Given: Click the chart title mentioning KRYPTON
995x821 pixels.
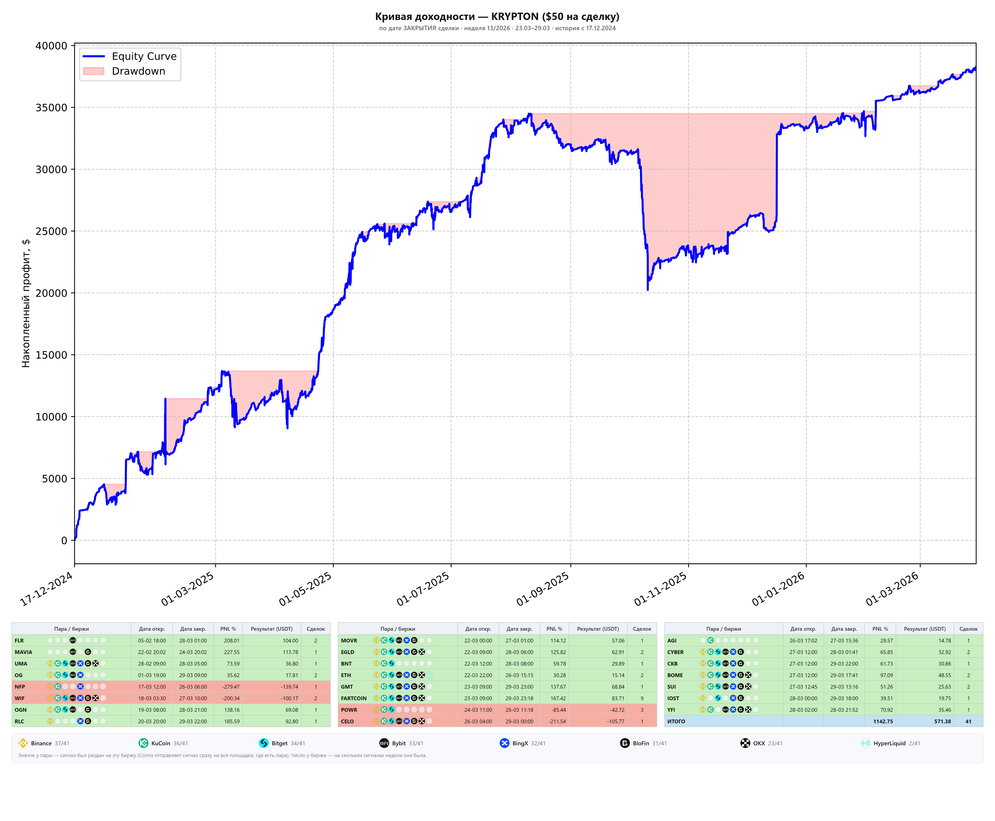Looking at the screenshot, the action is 497,17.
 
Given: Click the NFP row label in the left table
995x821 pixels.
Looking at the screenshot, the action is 20,687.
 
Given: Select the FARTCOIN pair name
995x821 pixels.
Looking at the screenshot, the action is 354,698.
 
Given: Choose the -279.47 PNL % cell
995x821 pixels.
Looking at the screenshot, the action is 231,687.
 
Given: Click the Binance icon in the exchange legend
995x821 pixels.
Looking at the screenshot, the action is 23,743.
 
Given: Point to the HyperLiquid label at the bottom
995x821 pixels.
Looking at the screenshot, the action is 889,743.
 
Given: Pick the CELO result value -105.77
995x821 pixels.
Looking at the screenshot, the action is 616,721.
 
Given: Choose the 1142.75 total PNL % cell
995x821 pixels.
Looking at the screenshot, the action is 883,721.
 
